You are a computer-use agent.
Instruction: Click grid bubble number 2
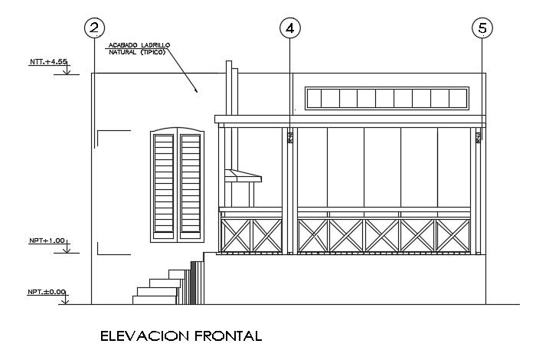(x=94, y=29)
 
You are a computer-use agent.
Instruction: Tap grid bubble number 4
(x=289, y=29)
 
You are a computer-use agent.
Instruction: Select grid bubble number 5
(x=482, y=29)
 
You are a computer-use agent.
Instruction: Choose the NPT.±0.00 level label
(x=47, y=292)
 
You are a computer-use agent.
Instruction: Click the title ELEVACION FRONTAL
(x=181, y=335)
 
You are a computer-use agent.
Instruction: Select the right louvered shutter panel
(x=191, y=183)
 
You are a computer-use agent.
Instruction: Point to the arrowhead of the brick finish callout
(x=198, y=92)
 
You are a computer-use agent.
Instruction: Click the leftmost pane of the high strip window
(x=315, y=98)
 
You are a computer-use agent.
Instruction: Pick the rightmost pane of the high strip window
(x=458, y=98)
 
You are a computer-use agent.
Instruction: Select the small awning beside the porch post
(x=243, y=178)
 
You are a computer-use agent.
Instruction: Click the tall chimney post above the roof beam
(x=227, y=88)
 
